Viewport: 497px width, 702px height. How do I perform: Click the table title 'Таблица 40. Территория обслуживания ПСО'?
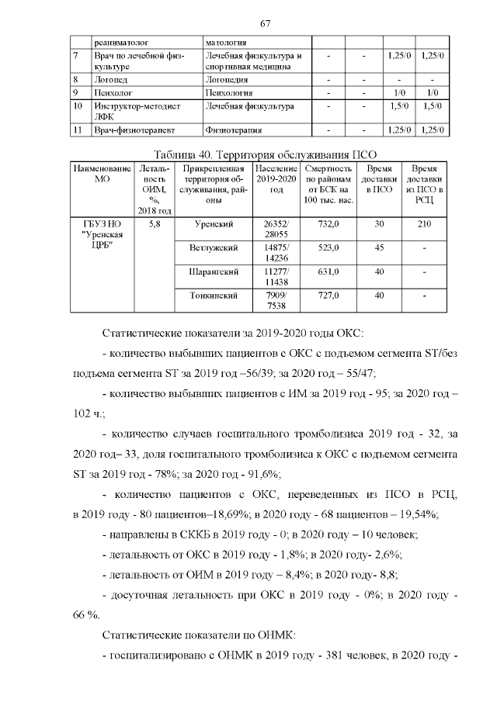pos(265,153)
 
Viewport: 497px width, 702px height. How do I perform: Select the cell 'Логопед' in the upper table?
pos(111,80)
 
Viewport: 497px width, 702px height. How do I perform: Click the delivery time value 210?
pos(424,224)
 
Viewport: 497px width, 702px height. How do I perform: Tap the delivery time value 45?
pos(379,248)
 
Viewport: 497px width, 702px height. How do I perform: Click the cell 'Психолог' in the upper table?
pos(113,92)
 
